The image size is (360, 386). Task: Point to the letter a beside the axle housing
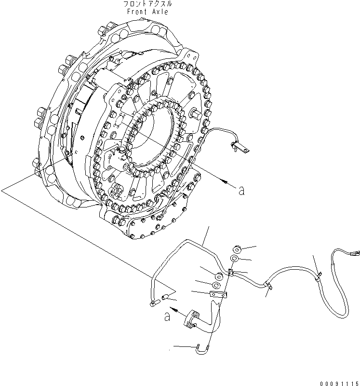241,191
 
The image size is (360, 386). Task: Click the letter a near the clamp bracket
167,317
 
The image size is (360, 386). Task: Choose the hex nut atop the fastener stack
237,249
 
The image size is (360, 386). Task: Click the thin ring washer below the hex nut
234,260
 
